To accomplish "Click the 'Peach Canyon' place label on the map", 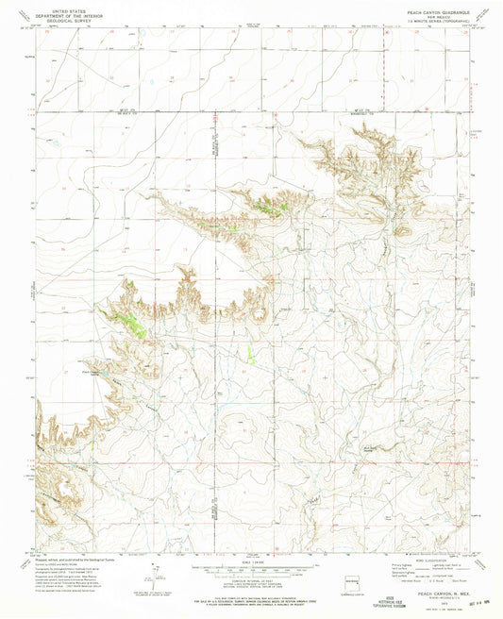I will pos(92,372).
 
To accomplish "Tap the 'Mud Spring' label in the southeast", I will pos(415,516).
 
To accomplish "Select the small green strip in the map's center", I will pos(251,354).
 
